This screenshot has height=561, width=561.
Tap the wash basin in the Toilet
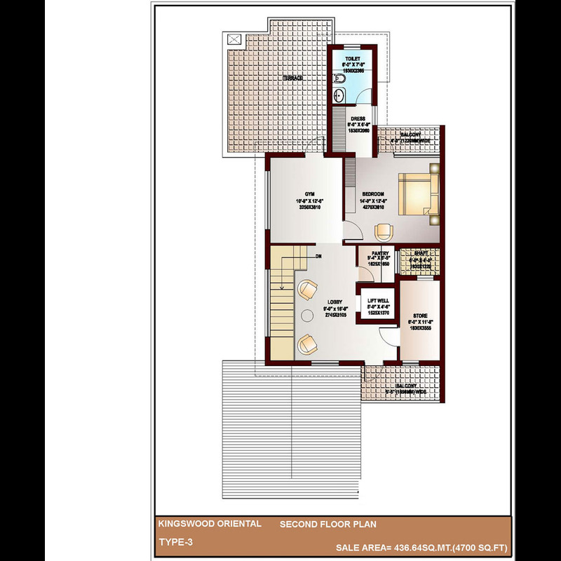339,95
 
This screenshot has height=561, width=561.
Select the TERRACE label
293,78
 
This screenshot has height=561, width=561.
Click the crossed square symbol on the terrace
233,40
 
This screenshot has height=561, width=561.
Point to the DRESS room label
358,119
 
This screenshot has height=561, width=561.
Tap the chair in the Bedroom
383,230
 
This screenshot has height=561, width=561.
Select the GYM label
309,194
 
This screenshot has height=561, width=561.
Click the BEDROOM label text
373,194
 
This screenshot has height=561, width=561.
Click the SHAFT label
421,254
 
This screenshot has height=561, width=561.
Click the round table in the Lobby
306,316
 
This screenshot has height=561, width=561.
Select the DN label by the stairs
318,256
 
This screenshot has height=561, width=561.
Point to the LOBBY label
334,302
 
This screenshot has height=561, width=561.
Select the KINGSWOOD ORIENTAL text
210,524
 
